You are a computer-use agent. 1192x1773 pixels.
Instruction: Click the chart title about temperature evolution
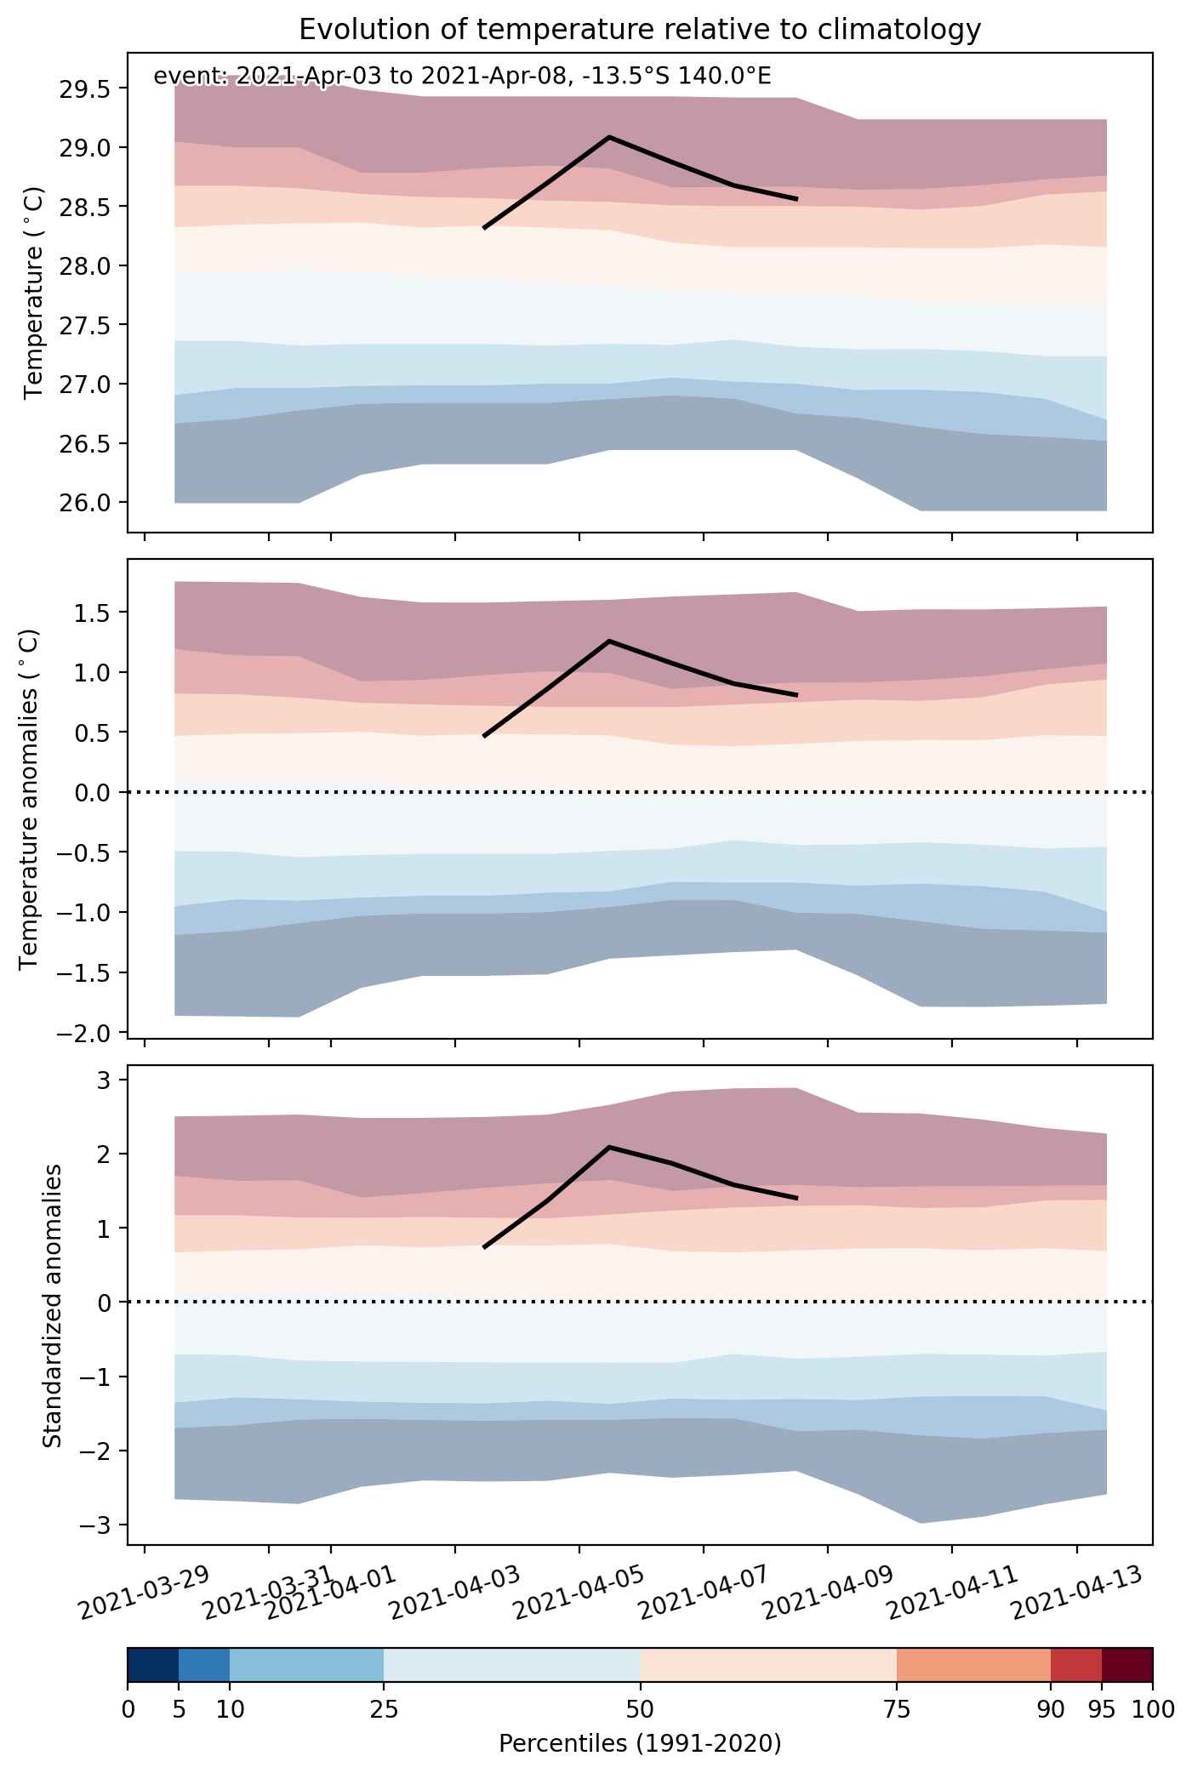640,30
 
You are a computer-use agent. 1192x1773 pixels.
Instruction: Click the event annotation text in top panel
462,77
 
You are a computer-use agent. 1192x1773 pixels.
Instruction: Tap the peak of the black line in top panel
609,137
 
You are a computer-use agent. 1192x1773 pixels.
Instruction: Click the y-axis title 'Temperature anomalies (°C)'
30,800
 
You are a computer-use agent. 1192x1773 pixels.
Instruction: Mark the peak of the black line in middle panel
609,641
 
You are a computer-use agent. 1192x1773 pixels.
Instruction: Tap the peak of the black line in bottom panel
609,1147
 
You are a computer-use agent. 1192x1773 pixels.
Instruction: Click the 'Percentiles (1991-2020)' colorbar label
640,1744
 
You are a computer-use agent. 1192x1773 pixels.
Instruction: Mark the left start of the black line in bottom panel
484,1247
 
